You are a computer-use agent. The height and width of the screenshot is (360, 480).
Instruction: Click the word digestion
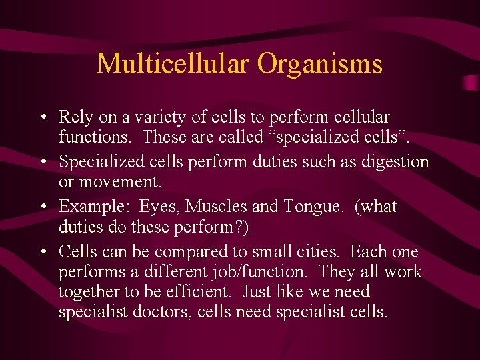click(393, 162)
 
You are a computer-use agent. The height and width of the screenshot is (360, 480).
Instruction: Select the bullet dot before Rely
click(42, 118)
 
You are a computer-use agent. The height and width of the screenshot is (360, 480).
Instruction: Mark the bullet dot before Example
click(42, 207)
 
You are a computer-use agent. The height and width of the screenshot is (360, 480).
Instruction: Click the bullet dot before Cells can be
click(42, 252)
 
